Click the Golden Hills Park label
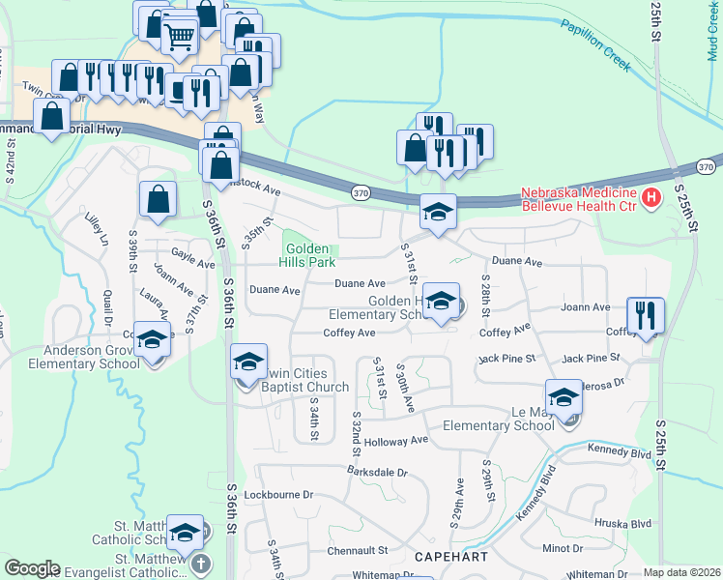[x=307, y=255]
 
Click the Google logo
[x=33, y=568]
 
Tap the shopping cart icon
[x=179, y=38]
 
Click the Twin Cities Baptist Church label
[x=290, y=381]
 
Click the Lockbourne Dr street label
[x=279, y=494]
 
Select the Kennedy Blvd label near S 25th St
[x=624, y=451]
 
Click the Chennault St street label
[x=357, y=550]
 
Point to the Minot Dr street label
[x=563, y=548]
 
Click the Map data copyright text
[x=681, y=572]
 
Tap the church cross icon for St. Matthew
[x=200, y=564]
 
